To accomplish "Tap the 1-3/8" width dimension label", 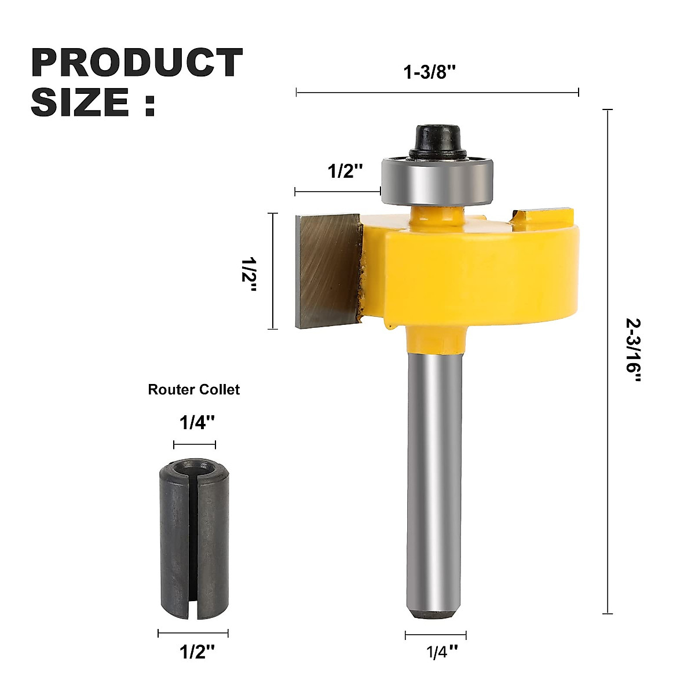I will click(430, 72).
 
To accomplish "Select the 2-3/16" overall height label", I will click(634, 350).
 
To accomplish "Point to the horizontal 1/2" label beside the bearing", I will click(345, 171).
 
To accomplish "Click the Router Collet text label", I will click(193, 390).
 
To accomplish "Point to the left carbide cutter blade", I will click(327, 270).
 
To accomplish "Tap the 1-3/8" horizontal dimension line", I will click(437, 92).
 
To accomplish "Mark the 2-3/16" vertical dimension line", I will click(608, 359).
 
